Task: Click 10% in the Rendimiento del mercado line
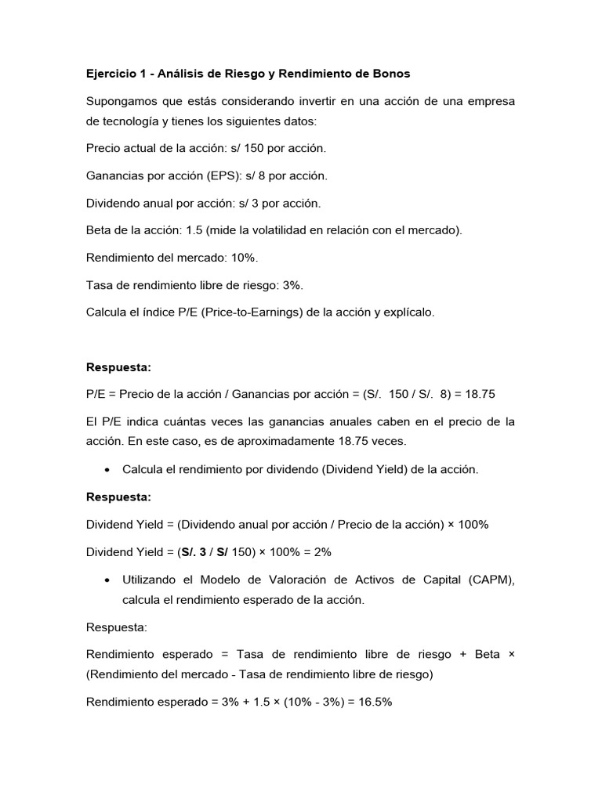[245, 258]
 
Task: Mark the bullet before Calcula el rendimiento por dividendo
[106, 469]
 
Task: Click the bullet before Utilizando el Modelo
[106, 580]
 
